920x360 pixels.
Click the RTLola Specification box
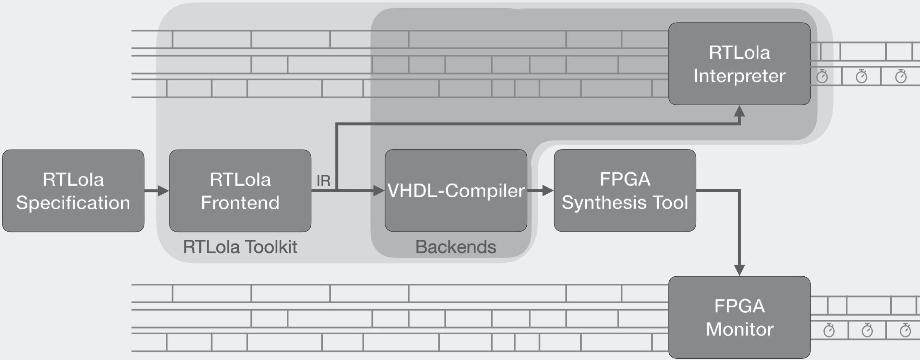click(x=73, y=191)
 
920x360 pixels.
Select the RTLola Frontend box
click(x=240, y=191)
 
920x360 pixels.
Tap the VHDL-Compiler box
click(x=456, y=191)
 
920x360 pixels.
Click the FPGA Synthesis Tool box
click(x=625, y=191)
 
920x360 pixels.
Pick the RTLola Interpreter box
click(x=739, y=64)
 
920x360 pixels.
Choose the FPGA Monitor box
click(x=739, y=317)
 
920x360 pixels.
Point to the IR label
click(x=323, y=181)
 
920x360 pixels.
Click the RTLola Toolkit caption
click(x=240, y=247)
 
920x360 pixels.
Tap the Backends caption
click(x=455, y=247)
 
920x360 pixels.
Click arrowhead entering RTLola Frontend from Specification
click(x=163, y=191)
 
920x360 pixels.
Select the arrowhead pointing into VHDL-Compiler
click(x=379, y=191)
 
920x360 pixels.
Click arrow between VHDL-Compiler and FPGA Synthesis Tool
click(x=540, y=191)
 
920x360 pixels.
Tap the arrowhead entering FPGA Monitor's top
click(x=739, y=270)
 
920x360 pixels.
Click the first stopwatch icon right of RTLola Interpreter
click(x=822, y=76)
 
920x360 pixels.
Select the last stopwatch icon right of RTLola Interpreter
click(x=901, y=76)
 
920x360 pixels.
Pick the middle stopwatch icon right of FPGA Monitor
click(x=867, y=330)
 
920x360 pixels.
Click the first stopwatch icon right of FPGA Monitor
click(x=829, y=330)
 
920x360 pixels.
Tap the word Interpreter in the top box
click(x=739, y=76)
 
